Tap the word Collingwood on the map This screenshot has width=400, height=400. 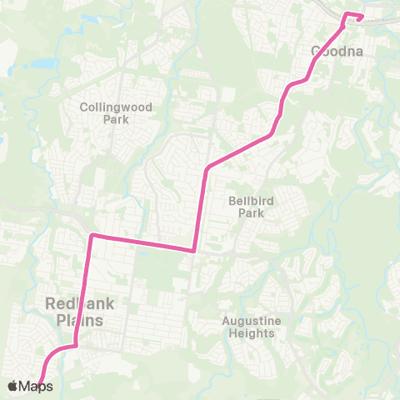pos(112,107)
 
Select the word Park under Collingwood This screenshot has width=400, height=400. pos(112,119)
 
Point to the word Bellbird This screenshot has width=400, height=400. pos(251,201)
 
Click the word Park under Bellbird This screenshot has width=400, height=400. pos(251,213)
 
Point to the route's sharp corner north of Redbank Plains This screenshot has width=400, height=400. pos(92,236)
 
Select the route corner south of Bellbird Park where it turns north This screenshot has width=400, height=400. pos(194,249)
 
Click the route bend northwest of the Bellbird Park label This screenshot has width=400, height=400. pos(206,169)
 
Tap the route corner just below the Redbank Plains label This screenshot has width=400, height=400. pos(76,344)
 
